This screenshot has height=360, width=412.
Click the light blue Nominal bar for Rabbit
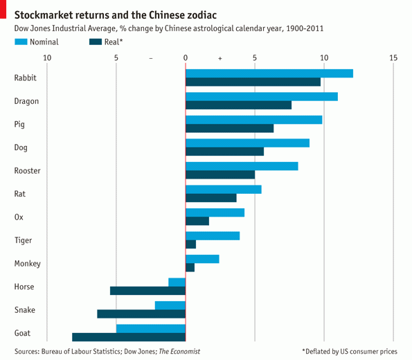coord(269,73)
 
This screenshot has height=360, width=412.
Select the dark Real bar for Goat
coord(129,337)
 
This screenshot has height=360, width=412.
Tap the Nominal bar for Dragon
coord(262,96)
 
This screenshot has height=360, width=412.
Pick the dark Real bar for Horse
coord(147,291)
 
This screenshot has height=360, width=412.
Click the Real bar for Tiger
coord(190,244)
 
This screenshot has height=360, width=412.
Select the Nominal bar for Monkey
coord(202,259)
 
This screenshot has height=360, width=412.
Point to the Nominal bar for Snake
coord(170,305)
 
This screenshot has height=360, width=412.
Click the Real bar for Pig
coord(229,128)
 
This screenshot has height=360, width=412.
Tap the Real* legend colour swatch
coord(96,42)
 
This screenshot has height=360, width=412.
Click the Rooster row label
coord(27,171)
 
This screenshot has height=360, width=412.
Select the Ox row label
coord(19,217)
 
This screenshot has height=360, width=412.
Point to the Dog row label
coord(21,147)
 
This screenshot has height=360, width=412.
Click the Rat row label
coord(21,194)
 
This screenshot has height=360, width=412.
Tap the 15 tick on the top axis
coord(393,57)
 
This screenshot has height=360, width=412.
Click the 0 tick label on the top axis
coord(186,57)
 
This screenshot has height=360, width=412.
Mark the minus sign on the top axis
coord(151,58)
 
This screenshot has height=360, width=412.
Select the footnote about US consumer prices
coord(349,352)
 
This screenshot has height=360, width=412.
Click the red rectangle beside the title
coord(3,12)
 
